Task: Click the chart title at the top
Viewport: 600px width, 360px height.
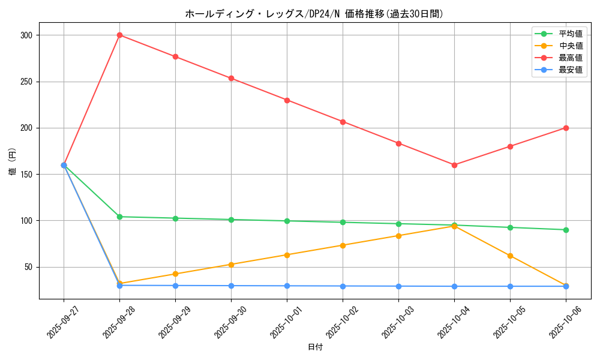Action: point(314,14)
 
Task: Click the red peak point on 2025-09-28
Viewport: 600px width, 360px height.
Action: point(119,35)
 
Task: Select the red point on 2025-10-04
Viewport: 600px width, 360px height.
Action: point(454,165)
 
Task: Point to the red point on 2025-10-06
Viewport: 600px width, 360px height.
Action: point(566,128)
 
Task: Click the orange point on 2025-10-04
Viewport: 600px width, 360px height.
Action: point(454,226)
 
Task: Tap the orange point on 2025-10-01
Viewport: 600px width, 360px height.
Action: point(287,255)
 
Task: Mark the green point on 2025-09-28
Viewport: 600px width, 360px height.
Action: point(119,217)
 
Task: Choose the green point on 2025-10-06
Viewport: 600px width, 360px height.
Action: point(566,230)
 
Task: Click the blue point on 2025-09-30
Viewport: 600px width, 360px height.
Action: point(231,286)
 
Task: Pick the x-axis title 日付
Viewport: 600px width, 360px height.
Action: point(315,347)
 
